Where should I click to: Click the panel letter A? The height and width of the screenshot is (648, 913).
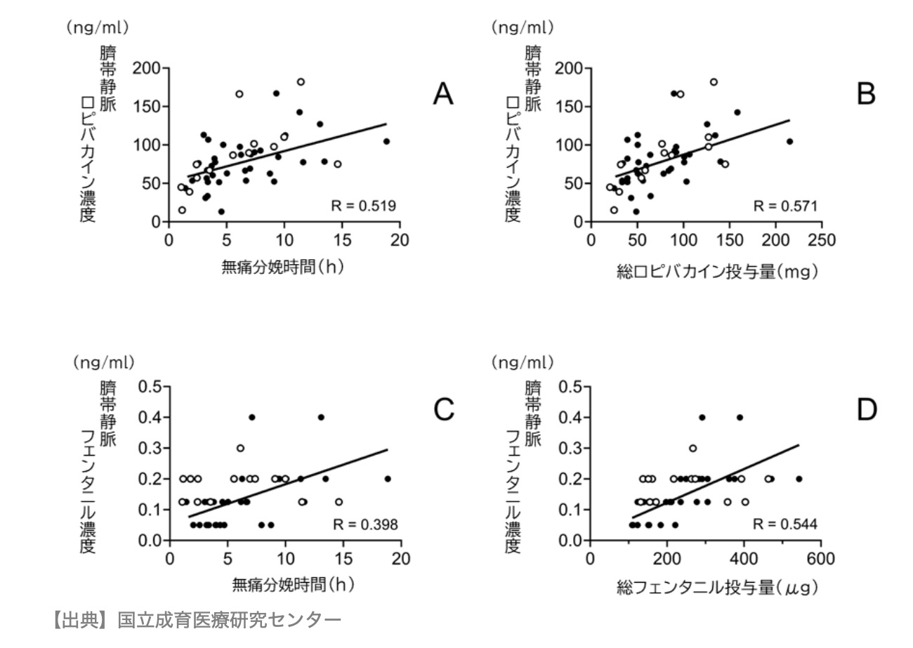(x=442, y=93)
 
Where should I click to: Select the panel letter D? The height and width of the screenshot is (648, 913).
(x=867, y=410)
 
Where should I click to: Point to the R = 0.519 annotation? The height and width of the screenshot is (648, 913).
(x=363, y=206)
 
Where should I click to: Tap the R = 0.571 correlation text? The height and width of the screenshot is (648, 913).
(x=785, y=206)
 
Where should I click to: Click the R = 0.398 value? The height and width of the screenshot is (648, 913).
(x=364, y=524)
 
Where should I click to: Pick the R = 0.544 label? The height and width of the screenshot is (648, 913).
(x=785, y=524)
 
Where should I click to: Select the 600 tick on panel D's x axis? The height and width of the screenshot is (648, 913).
(x=821, y=559)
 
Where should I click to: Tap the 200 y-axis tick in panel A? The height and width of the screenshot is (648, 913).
(x=147, y=69)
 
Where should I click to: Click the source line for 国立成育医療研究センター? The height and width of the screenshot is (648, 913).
(x=197, y=620)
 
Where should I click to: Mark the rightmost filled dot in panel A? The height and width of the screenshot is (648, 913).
(x=386, y=141)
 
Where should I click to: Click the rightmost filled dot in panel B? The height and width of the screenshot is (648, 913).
(x=789, y=141)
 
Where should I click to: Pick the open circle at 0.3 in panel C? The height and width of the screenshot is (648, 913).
(x=240, y=448)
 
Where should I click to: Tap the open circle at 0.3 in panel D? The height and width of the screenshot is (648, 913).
(x=693, y=448)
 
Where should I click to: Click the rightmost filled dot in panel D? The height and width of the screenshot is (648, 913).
(x=799, y=479)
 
